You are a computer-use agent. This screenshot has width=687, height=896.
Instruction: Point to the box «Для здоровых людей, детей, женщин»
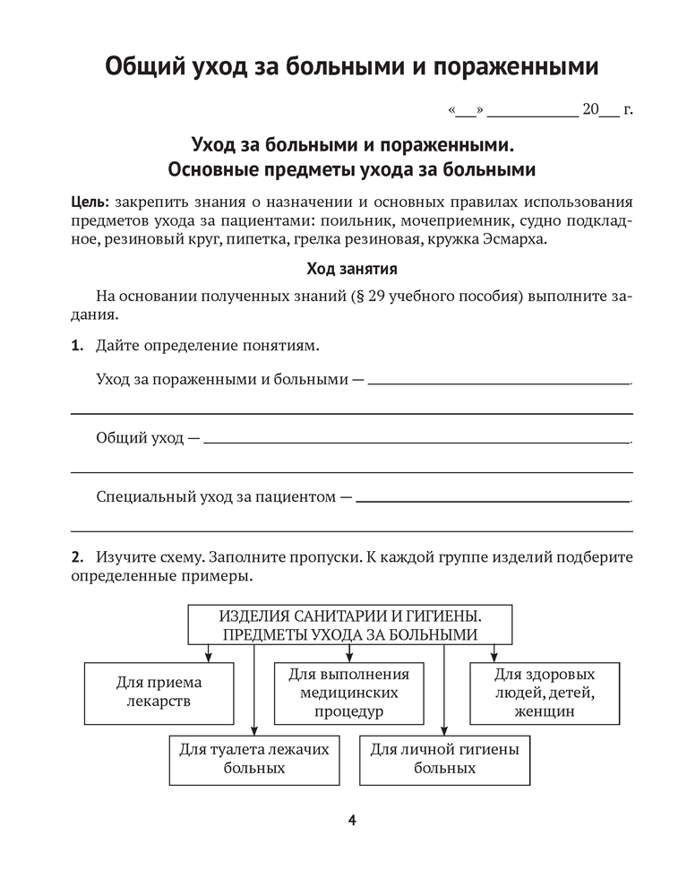(545, 693)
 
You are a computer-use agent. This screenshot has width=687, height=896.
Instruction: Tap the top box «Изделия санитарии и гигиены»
(350, 625)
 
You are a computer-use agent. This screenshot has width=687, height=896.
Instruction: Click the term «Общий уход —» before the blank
(148, 439)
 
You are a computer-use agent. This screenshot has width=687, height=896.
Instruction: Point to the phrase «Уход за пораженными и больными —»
(229, 380)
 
